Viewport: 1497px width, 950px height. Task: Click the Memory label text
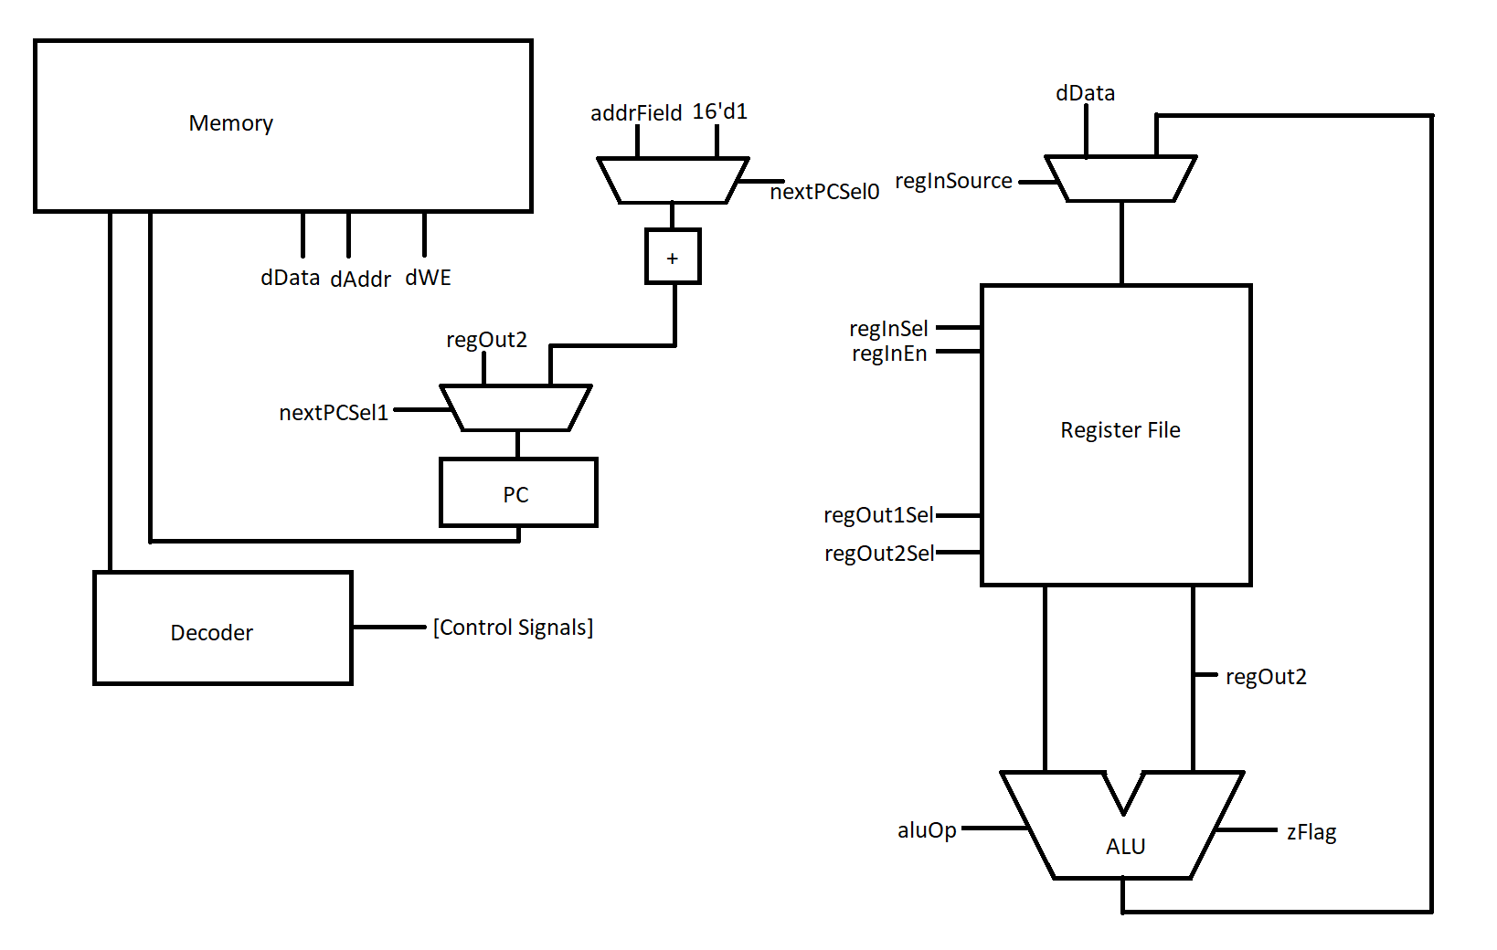pos(230,123)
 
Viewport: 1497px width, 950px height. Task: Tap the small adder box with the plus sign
pos(673,258)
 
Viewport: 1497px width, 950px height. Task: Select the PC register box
pos(518,493)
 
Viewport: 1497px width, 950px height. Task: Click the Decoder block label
pos(211,632)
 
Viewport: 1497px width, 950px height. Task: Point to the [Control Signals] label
pos(513,628)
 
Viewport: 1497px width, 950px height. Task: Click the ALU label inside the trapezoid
pos(1125,846)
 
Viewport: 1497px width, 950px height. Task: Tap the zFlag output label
pos(1311,832)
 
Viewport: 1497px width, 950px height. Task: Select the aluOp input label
pos(927,830)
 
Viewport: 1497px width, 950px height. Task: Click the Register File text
pos(1120,430)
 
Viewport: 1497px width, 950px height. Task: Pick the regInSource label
pos(952,181)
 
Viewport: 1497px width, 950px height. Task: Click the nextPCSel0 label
pos(824,192)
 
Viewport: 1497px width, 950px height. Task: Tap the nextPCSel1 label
pos(334,413)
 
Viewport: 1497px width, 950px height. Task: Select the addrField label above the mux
pos(636,113)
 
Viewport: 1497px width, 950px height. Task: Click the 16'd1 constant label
pos(719,111)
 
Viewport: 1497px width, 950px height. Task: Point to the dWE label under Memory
pos(428,278)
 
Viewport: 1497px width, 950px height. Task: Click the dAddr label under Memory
pos(360,280)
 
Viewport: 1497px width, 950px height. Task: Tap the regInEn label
pos(889,354)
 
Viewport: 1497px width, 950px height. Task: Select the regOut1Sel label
pos(878,515)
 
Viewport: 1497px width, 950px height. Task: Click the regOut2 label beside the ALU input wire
pos(1266,677)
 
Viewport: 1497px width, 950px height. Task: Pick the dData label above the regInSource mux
pos(1085,93)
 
